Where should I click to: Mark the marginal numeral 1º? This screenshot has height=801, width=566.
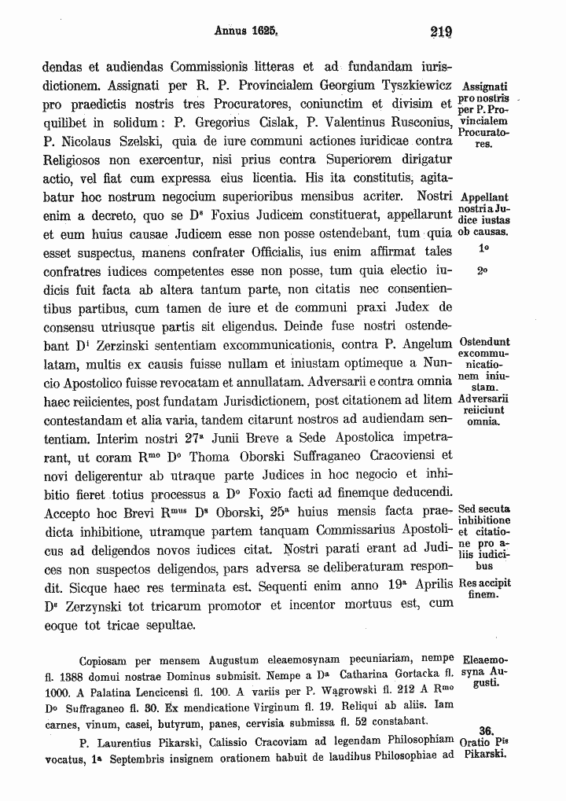[484, 249]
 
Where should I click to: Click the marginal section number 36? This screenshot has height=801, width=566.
[485, 729]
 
